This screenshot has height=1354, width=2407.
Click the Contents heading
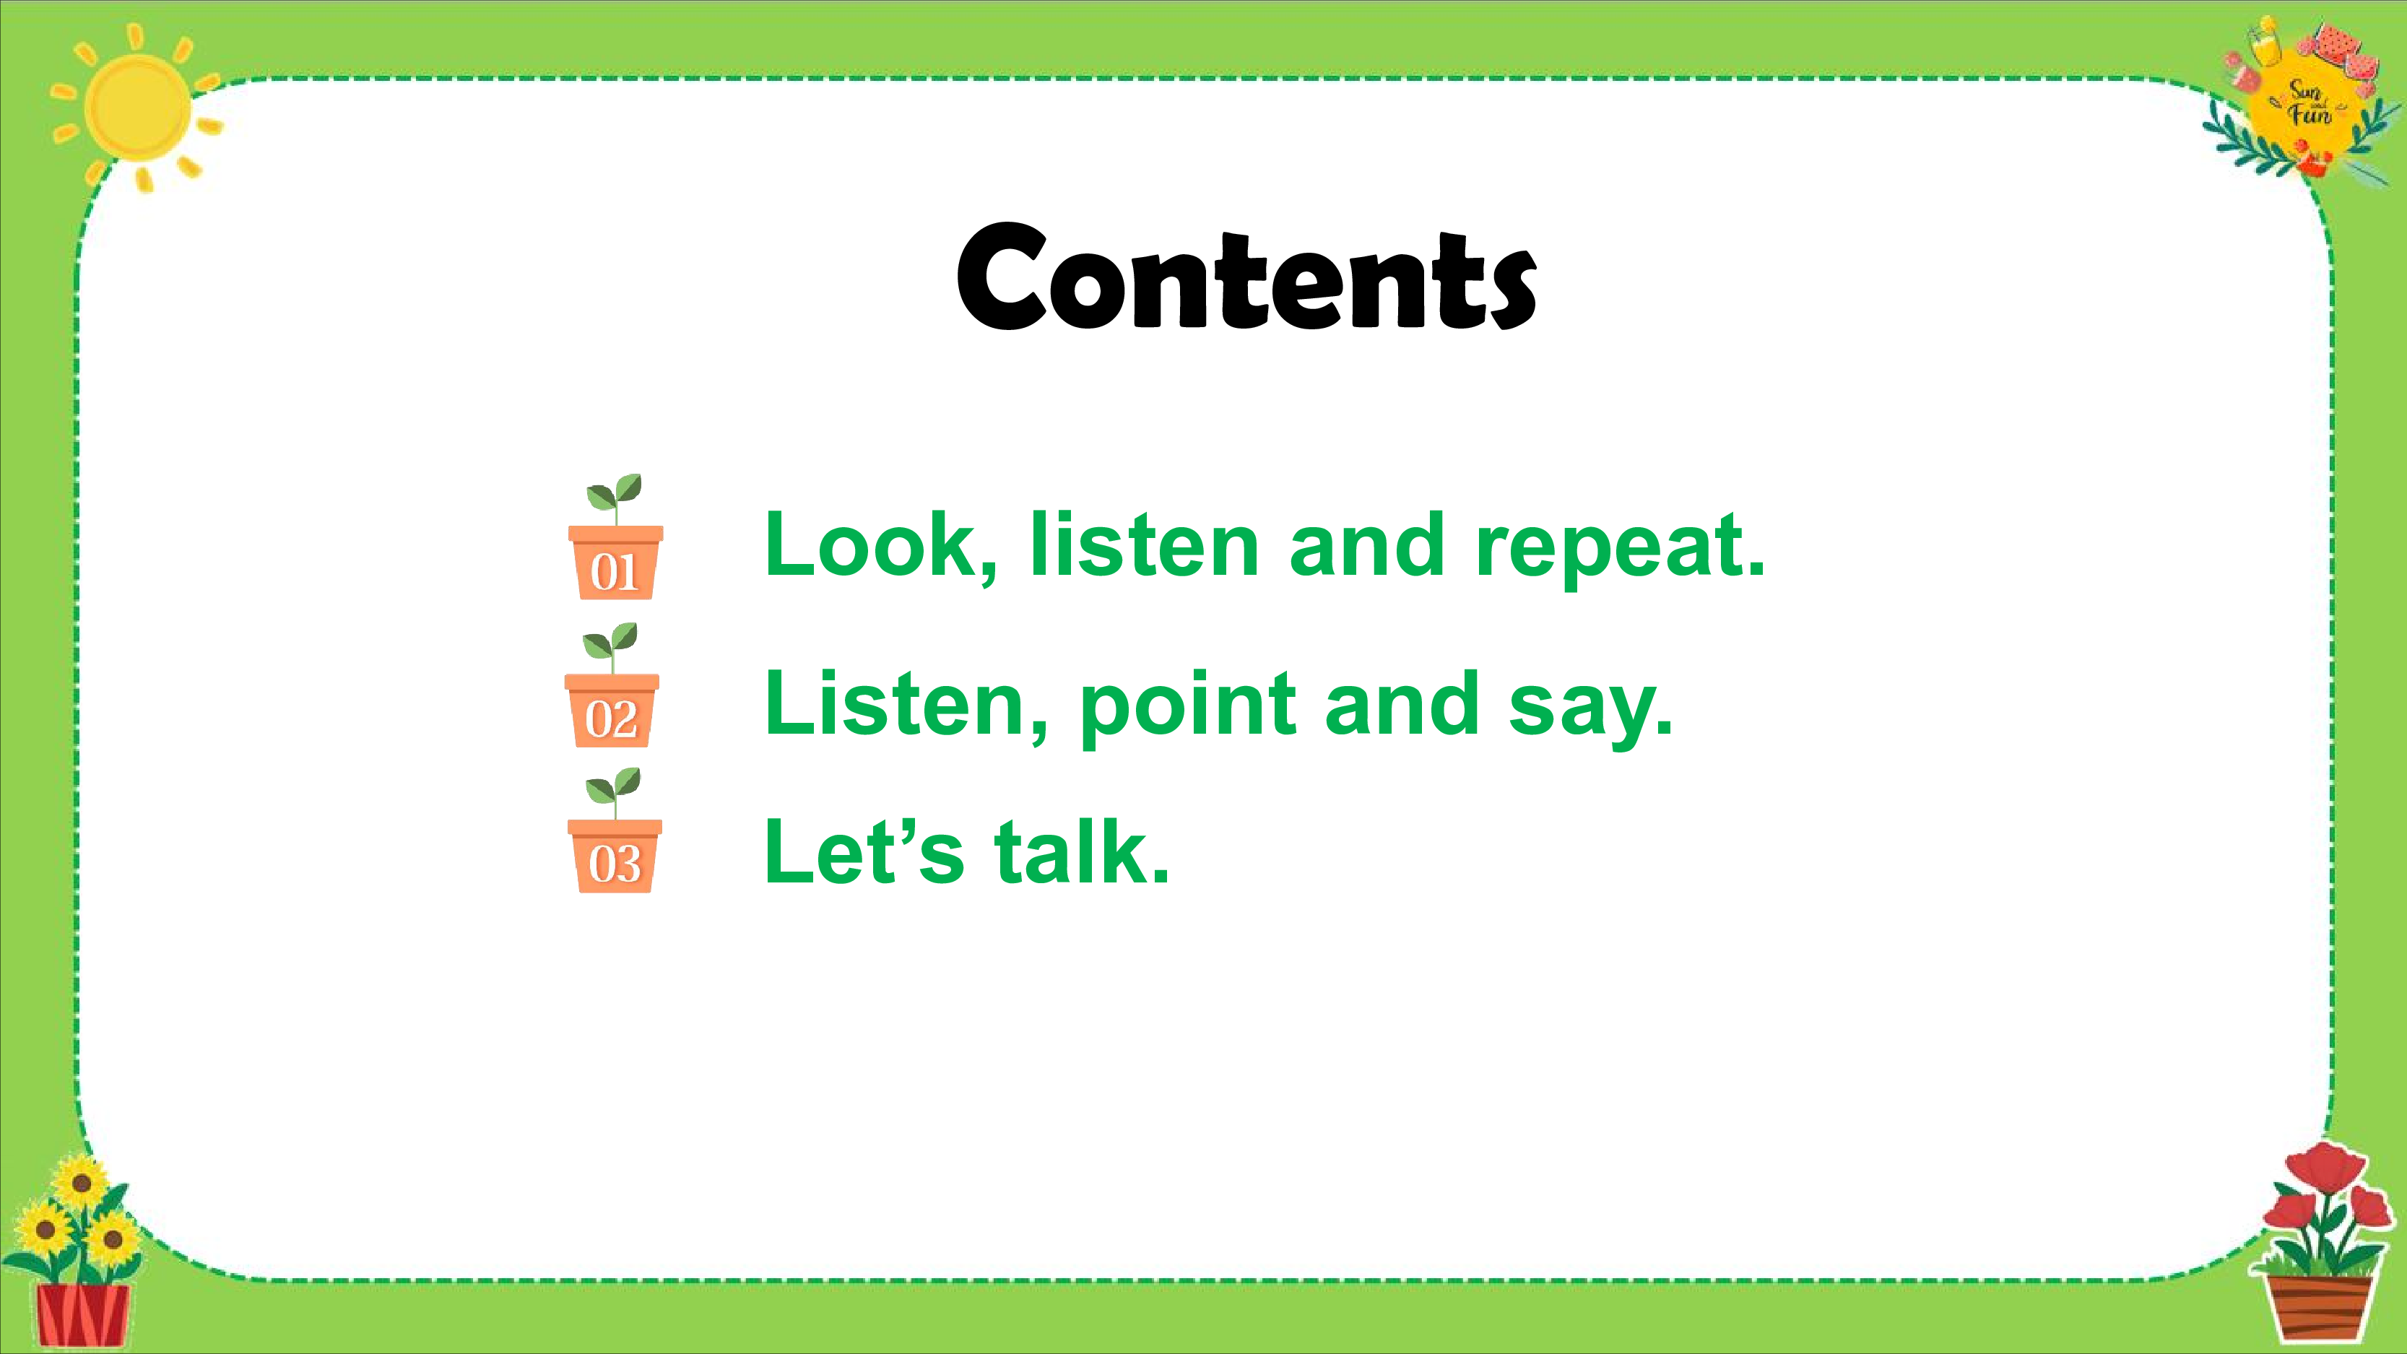[x=1246, y=277]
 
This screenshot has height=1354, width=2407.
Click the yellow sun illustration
[x=137, y=108]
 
